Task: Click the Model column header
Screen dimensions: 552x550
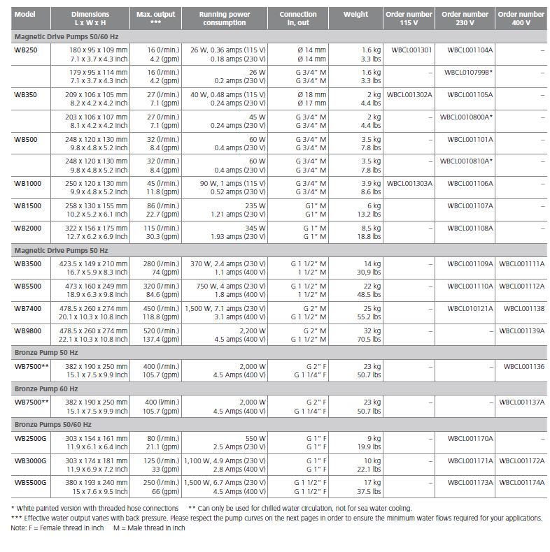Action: [x=25, y=14]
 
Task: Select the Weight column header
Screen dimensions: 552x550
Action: [x=355, y=14]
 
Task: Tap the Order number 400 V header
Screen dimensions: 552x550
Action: [x=521, y=18]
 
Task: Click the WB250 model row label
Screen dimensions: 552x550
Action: [x=25, y=50]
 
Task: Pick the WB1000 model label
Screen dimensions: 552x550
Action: [x=27, y=184]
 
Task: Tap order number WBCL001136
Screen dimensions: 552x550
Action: [x=524, y=366]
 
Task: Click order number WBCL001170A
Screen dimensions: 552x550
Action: [x=470, y=439]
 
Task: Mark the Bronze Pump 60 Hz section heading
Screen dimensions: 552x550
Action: [x=46, y=388]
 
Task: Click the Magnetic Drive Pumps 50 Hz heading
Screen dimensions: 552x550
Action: [x=61, y=250]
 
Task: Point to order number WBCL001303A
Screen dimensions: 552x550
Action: [x=409, y=184]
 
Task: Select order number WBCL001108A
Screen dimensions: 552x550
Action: [x=470, y=228]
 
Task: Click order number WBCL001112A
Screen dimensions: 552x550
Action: [x=522, y=286]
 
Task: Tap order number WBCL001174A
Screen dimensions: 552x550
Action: [x=522, y=483]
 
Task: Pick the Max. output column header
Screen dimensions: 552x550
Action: [x=156, y=18]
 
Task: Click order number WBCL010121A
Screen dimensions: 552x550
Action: [x=470, y=308]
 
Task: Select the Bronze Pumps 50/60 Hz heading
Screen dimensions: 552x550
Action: [x=52, y=425]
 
